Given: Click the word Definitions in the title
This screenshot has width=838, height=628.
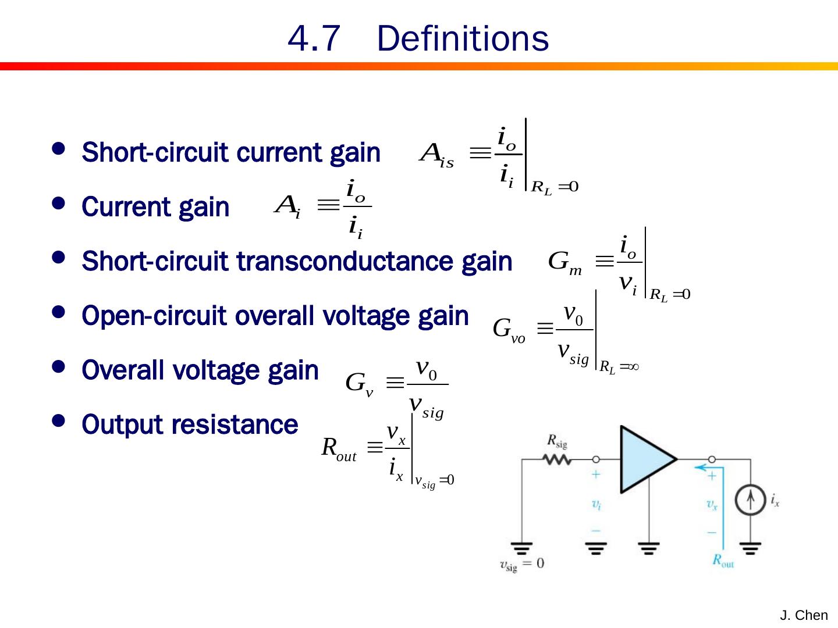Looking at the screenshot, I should tap(463, 39).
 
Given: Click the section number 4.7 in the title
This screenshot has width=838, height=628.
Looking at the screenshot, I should tap(314, 39).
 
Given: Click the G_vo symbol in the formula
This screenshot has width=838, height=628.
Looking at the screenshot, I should tap(509, 330).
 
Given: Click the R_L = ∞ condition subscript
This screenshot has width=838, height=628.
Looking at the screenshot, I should tap(619, 367).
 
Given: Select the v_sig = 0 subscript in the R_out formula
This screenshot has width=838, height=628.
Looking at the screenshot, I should tap(434, 482).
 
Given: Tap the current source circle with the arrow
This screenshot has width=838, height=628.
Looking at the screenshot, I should tap(750, 500).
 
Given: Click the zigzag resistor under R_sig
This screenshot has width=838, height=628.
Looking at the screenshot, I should tap(557, 459).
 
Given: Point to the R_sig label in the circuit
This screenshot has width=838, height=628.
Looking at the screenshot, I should tap(557, 441).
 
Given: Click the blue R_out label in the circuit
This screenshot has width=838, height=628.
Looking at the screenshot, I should tap(723, 561).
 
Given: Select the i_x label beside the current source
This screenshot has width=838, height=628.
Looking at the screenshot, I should tap(775, 499).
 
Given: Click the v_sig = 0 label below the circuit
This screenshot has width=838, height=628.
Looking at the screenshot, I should tap(522, 564).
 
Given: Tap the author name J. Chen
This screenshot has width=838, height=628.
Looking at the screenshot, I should tap(804, 615).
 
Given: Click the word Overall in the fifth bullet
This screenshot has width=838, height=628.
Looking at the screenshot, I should tap(123, 370).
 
